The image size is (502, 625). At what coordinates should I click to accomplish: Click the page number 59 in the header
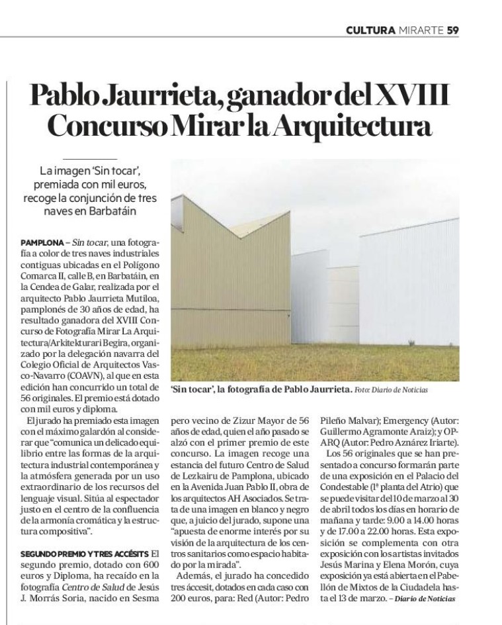pyautogui.click(x=453, y=29)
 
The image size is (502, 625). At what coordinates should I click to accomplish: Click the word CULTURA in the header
pyautogui.click(x=371, y=29)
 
